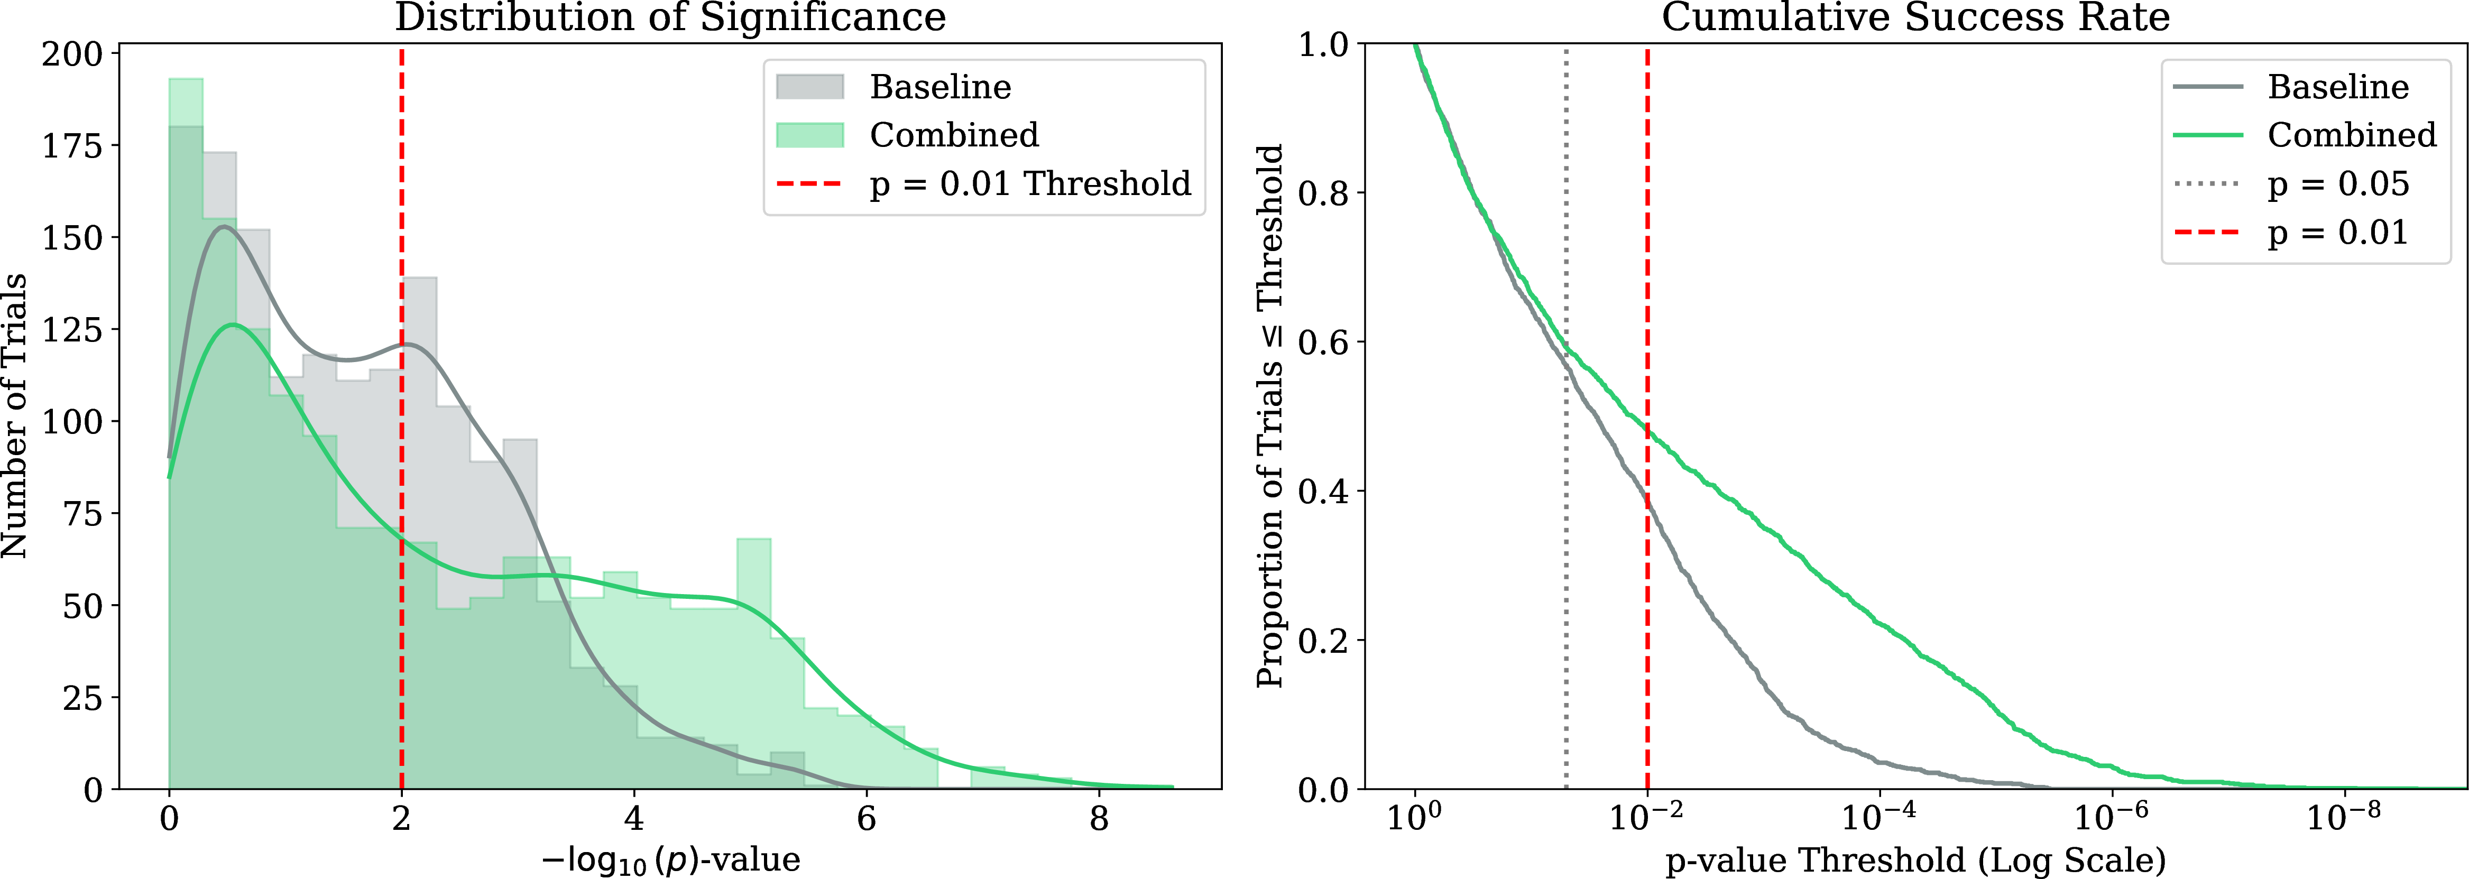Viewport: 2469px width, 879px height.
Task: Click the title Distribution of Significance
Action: click(x=670, y=17)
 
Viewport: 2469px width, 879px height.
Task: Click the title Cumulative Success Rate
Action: click(x=1915, y=17)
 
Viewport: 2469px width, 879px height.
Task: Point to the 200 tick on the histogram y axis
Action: click(x=72, y=54)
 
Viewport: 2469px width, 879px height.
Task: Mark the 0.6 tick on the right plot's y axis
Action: click(x=1324, y=342)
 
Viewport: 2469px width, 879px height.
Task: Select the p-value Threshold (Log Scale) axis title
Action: click(x=1915, y=860)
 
